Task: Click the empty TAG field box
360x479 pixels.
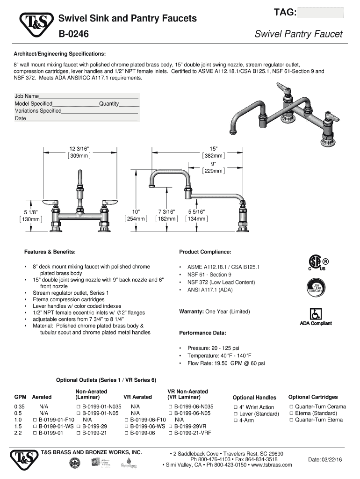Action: (320, 13)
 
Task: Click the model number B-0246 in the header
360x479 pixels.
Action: (74, 34)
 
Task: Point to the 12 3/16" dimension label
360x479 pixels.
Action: (79, 149)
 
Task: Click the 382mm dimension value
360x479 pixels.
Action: (213, 156)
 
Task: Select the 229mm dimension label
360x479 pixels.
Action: (213, 171)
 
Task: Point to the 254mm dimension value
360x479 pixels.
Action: (136, 218)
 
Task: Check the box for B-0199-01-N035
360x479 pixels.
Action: (79, 406)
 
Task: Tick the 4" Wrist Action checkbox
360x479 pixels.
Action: (236, 407)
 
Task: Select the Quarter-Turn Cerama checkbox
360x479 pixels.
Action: (291, 407)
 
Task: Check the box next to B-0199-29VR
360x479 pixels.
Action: (171, 427)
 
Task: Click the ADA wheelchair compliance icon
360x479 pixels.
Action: (315, 313)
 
